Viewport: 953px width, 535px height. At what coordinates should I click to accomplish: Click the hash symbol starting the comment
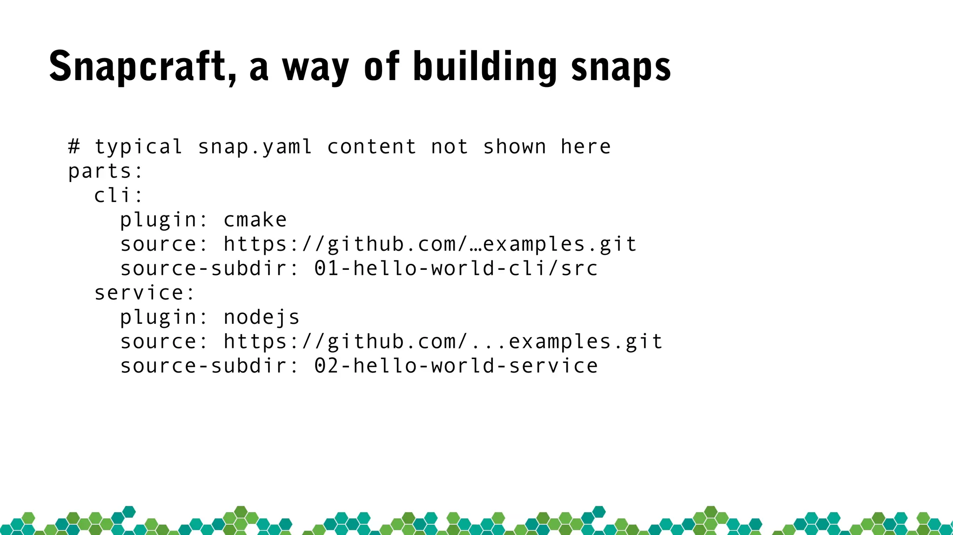pyautogui.click(x=74, y=147)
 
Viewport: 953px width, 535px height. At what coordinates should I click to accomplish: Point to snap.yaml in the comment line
pyautogui.click(x=255, y=147)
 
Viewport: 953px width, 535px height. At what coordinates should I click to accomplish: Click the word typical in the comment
pyautogui.click(x=138, y=147)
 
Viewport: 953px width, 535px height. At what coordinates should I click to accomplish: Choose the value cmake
pyautogui.click(x=255, y=220)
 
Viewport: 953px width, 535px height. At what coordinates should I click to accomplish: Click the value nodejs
pyautogui.click(x=262, y=318)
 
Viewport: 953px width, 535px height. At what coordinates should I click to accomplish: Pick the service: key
pyautogui.click(x=144, y=293)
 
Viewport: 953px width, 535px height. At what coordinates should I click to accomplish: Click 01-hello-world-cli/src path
pyautogui.click(x=456, y=268)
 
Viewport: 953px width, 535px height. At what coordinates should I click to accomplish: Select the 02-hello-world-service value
pyautogui.click(x=456, y=366)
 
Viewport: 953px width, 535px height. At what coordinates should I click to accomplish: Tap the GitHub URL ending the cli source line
pyautogui.click(x=430, y=245)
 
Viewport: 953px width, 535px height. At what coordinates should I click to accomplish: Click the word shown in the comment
pyautogui.click(x=514, y=147)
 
